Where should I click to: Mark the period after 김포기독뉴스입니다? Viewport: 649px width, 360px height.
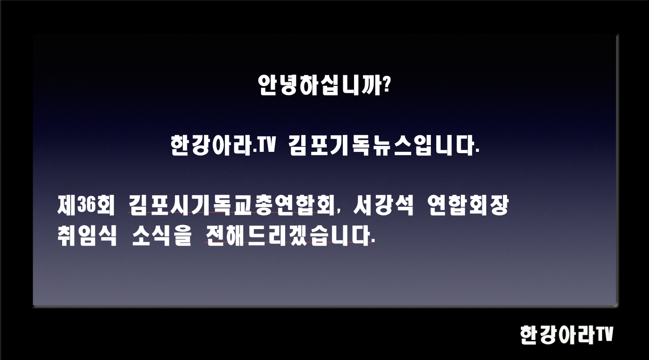477,153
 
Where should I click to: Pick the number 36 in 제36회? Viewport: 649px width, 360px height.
86,206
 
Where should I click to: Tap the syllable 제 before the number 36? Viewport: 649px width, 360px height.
67,206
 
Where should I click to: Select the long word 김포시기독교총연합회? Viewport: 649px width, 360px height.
232,206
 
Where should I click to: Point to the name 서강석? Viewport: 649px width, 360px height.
383,206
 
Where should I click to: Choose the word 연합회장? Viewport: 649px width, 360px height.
468,206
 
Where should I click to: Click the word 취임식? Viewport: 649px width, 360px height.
87,236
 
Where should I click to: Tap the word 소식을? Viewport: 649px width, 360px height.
161,236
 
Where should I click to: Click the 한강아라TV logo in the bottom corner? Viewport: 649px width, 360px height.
566,335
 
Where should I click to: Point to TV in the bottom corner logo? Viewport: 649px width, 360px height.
605,334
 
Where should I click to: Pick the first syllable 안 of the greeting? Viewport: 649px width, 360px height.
268,85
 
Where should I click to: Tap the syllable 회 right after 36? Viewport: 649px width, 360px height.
105,206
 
